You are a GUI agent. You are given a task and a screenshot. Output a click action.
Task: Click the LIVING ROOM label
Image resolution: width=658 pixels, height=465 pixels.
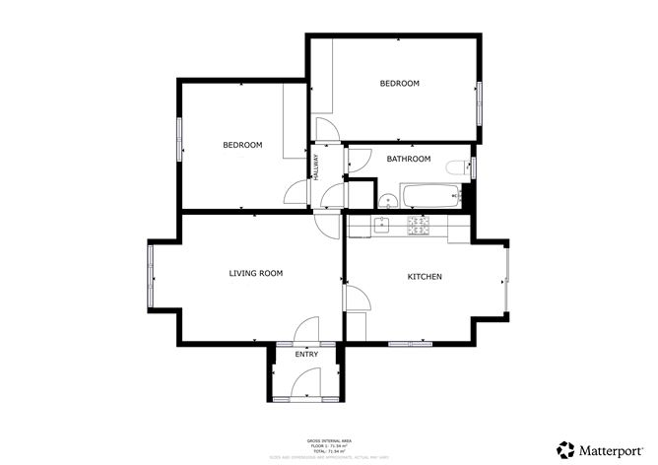coord(256,273)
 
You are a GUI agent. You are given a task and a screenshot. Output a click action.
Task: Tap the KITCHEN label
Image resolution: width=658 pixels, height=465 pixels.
coord(425,277)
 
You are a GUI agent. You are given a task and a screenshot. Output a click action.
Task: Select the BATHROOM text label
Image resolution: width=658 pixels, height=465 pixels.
coord(408,159)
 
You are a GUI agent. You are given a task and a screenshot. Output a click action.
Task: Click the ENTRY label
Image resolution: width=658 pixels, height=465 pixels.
coord(306,355)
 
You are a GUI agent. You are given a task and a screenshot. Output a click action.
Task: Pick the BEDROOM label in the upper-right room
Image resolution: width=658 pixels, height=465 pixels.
coord(400,84)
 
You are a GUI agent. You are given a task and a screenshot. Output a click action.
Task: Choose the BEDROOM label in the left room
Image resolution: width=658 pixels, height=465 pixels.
coord(242,146)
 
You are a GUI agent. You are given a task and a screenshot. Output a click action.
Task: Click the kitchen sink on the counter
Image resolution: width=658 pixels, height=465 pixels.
coord(382,225)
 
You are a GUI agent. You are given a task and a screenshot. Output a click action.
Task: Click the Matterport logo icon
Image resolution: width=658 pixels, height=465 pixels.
coord(566,449)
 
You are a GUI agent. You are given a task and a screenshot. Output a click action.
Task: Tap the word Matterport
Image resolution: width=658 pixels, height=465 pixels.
coord(612,450)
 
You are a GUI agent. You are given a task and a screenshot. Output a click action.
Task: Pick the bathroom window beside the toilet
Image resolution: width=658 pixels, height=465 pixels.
coord(474,166)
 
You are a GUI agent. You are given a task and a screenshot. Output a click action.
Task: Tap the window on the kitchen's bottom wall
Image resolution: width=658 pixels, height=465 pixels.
coord(410,344)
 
